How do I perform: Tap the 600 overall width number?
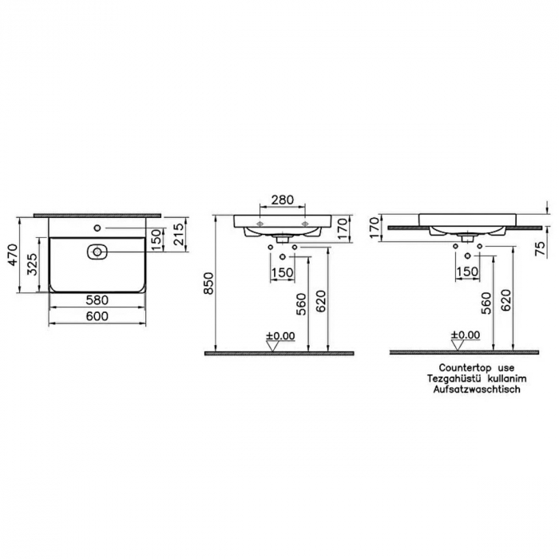coord(97,315)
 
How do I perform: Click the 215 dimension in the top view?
coord(179,234)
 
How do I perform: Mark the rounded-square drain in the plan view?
coord(97,252)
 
